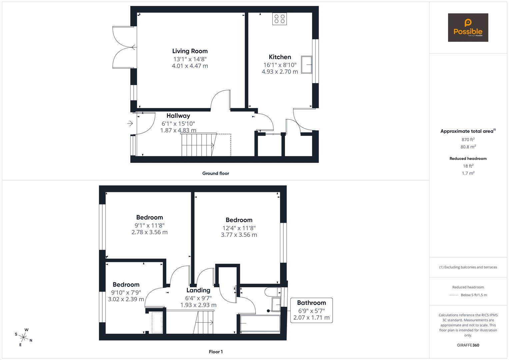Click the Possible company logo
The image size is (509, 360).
click(468, 27)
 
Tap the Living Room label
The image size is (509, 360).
click(190, 51)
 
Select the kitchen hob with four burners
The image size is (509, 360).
click(279, 19)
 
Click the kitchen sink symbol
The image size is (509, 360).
click(307, 64)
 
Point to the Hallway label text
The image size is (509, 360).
click(178, 116)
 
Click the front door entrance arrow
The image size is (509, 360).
click(130, 124)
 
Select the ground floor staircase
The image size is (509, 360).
click(198, 145)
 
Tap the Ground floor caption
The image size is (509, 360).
click(215, 173)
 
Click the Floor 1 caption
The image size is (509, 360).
click(215, 352)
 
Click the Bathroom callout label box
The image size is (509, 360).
click(311, 310)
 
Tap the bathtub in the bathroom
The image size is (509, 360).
click(260, 324)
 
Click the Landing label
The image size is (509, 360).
click(198, 290)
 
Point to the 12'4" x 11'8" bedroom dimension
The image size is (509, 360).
click(239, 228)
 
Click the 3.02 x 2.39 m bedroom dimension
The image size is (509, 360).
click(126, 299)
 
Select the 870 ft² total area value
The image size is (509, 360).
click(468, 140)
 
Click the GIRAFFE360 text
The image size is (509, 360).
click(468, 345)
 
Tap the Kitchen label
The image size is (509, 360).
click(280, 57)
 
